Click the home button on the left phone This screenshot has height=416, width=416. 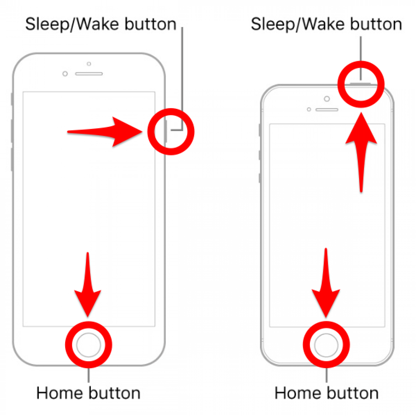(89, 345)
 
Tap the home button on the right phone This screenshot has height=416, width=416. (326, 345)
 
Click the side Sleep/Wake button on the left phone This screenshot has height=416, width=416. (165, 131)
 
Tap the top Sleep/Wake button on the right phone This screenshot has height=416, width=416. (360, 84)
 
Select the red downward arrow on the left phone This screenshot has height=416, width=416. (88, 286)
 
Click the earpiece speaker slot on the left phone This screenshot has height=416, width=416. (89, 74)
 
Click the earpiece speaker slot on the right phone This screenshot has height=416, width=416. (327, 109)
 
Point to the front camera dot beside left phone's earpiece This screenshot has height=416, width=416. (65, 74)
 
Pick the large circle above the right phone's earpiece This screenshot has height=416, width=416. (327, 99)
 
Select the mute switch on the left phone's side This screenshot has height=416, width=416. (12, 99)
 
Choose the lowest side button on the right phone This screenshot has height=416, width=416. (260, 178)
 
